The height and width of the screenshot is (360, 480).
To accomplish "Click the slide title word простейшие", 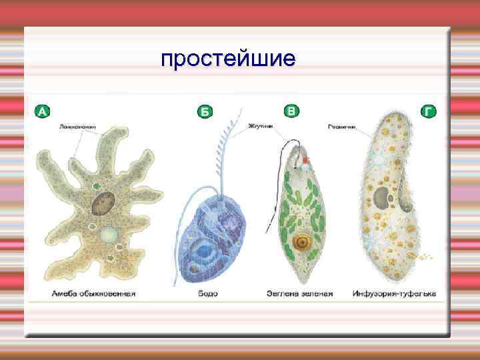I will click(227, 61).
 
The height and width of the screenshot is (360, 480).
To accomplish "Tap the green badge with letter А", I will click(42, 112).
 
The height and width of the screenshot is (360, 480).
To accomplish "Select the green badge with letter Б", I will click(205, 112).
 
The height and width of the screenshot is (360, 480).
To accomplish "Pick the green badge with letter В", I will click(291, 111).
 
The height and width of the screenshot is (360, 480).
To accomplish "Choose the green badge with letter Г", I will click(429, 111).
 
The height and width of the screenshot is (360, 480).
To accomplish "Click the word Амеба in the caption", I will click(66, 293).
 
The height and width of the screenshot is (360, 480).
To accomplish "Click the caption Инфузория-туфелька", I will click(395, 293).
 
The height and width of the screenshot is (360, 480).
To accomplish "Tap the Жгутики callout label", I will click(260, 125).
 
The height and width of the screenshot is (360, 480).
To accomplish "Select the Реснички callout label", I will click(342, 125).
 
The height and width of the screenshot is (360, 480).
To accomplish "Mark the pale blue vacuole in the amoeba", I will click(107, 234).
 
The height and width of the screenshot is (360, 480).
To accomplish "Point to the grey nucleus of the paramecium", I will click(382, 197).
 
